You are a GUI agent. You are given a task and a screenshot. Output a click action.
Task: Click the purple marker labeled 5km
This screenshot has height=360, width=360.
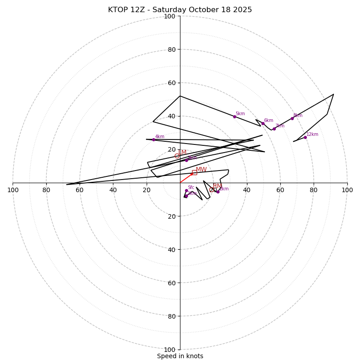pyautogui.click(x=234, y=117)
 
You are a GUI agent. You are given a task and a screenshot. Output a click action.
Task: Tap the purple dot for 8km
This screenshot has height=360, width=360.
pyautogui.click(x=292, y=118)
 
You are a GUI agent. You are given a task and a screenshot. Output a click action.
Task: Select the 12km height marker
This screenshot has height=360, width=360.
pyautogui.click(x=305, y=137)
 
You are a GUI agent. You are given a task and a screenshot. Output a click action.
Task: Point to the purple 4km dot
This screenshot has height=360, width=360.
pyautogui.click(x=153, y=139)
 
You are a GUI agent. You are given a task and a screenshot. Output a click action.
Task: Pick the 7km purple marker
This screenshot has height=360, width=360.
pyautogui.click(x=274, y=129)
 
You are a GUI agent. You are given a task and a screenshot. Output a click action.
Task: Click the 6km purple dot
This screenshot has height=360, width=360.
pyautogui.click(x=263, y=123)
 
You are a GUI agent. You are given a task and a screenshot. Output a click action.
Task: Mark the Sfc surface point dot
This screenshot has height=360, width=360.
pyautogui.click(x=186, y=190)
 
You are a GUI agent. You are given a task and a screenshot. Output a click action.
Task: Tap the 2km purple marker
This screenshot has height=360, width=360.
pyautogui.click(x=218, y=192)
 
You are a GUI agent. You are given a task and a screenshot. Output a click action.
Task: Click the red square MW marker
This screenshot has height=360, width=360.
pyautogui.click(x=194, y=172)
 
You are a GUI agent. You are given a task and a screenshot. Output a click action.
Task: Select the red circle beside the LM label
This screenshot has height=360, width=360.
pyautogui.click(x=177, y=156)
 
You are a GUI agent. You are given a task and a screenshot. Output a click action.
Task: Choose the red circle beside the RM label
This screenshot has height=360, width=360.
pyautogui.click(x=211, y=189)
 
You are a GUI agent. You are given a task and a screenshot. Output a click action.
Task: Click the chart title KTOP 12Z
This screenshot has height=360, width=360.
pyautogui.click(x=180, y=10)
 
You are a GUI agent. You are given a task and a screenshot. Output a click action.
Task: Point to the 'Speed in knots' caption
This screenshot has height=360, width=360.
pyautogui.click(x=180, y=356)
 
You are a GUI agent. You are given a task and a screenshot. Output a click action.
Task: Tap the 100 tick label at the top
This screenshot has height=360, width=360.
pyautogui.click(x=170, y=16)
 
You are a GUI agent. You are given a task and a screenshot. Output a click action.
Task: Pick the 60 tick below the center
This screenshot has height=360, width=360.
pyautogui.click(x=170, y=283)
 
